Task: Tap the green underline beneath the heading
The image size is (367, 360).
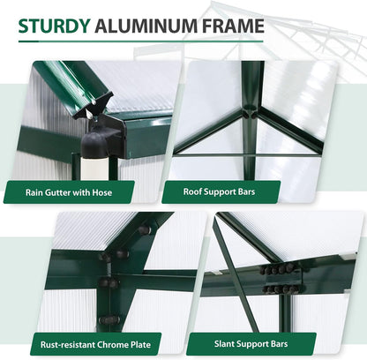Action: (x=141, y=42)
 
